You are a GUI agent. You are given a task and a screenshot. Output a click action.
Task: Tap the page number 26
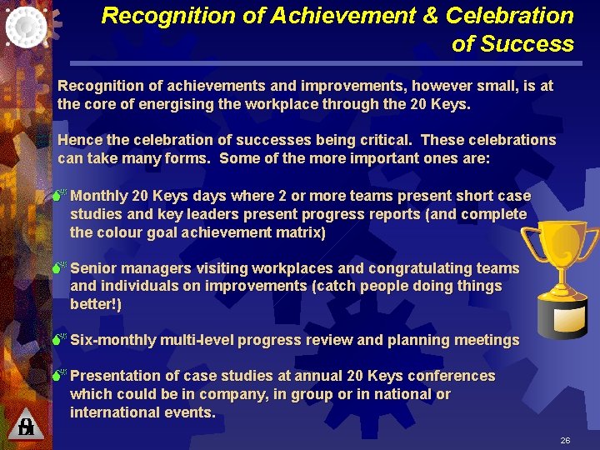tap(565, 440)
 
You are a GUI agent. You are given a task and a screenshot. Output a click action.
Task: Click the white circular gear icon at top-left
tap(27, 25)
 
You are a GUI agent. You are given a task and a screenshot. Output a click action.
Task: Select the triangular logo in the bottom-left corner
tap(26, 426)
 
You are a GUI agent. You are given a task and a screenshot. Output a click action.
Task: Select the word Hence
tap(77, 140)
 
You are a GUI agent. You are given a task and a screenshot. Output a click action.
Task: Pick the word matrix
tap(298, 232)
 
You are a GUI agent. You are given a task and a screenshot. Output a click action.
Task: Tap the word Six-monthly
tap(112, 340)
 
